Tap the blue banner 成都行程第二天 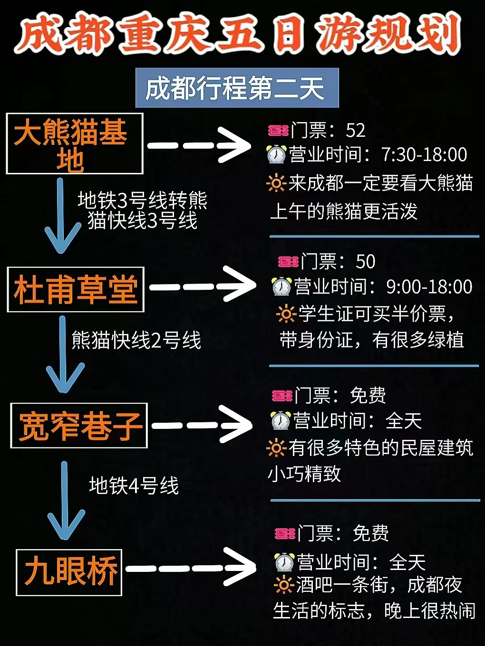click(x=236, y=88)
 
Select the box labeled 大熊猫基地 click(x=75, y=143)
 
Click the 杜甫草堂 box click(x=76, y=289)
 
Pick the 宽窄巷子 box click(x=79, y=426)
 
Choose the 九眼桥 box click(x=69, y=572)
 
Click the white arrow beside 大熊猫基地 click(x=200, y=145)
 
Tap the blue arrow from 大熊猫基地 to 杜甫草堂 click(x=61, y=216)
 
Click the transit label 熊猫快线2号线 click(x=136, y=340)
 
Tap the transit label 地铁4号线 click(x=134, y=485)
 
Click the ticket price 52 click(x=356, y=130)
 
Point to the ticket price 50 click(x=365, y=261)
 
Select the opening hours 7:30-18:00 click(x=424, y=154)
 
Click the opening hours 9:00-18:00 click(x=429, y=286)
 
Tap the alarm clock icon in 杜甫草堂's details click(x=281, y=286)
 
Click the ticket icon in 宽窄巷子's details click(x=282, y=395)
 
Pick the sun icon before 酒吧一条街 click(x=283, y=585)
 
